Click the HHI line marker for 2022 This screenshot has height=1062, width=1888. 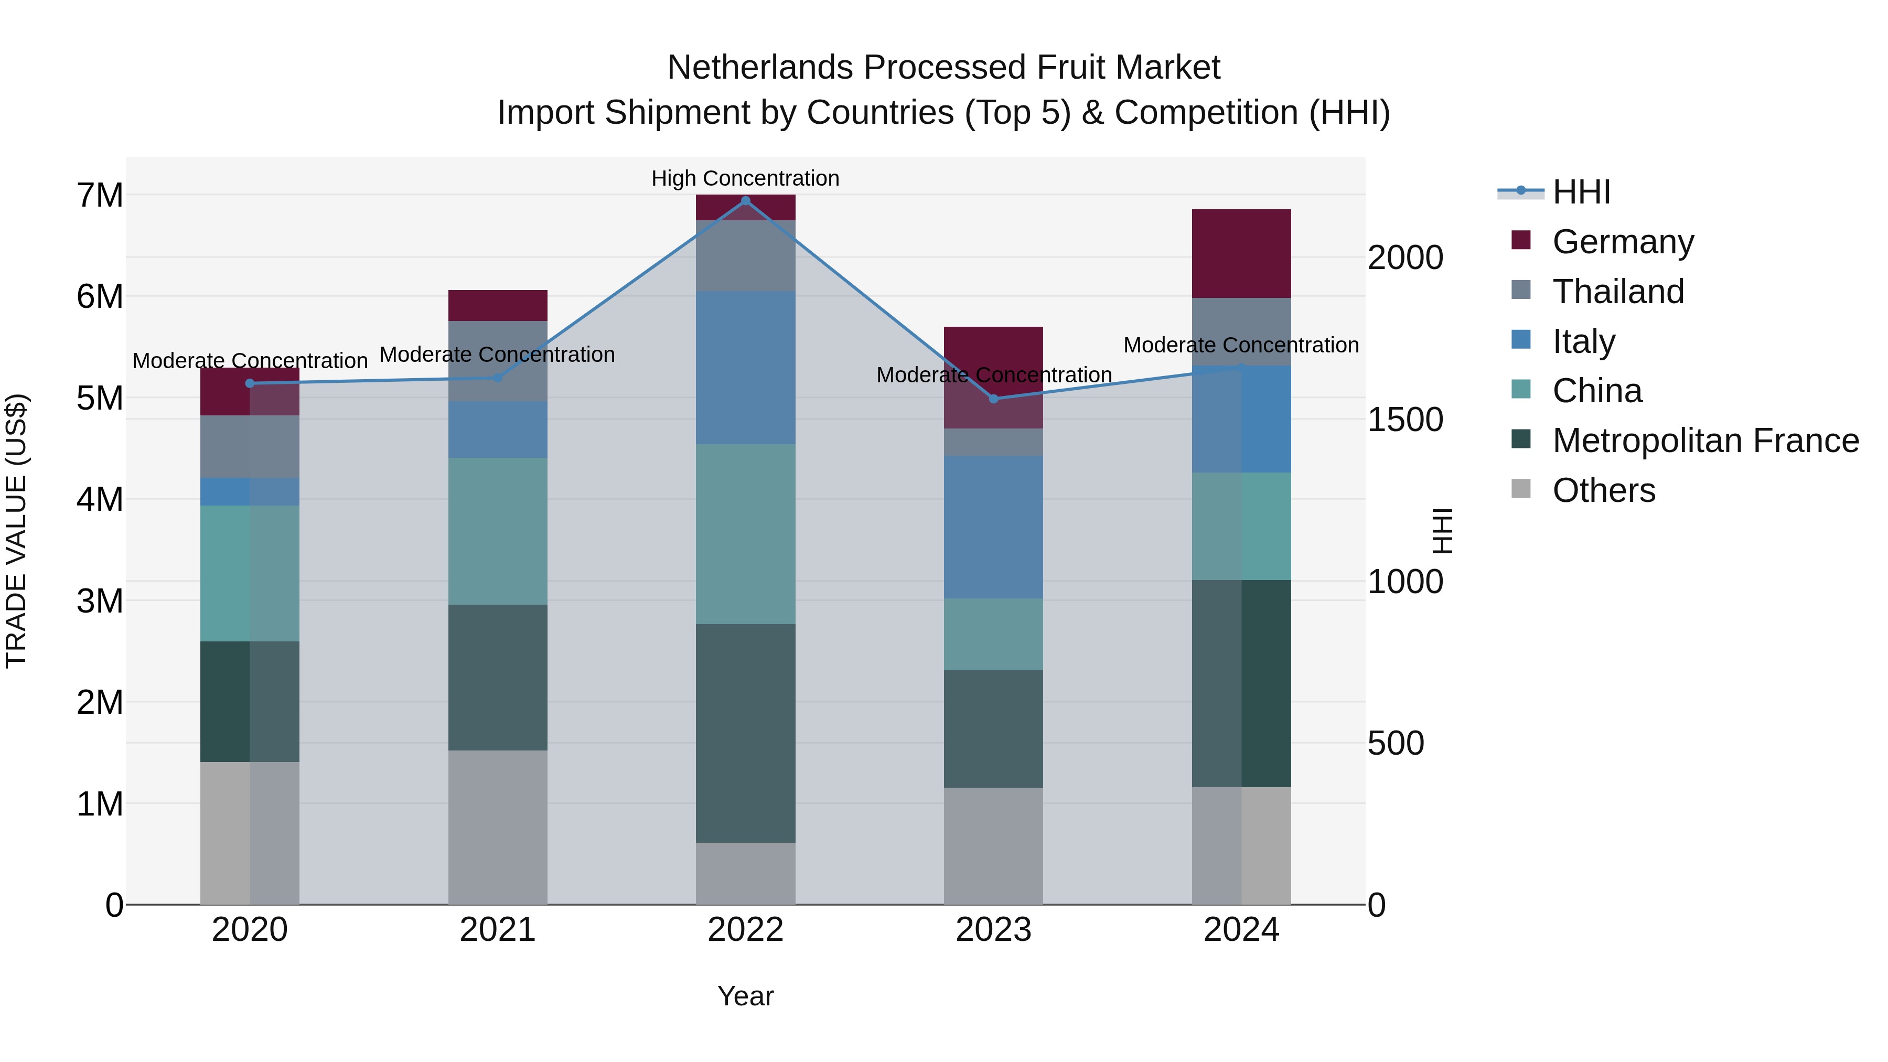point(745,200)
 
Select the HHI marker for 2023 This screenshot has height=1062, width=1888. point(993,399)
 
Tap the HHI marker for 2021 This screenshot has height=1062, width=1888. point(498,378)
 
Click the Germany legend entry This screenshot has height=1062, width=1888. point(1622,241)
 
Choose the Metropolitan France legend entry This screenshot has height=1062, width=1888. point(1705,441)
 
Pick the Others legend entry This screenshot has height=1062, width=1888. point(1603,490)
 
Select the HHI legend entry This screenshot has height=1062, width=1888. point(1580,192)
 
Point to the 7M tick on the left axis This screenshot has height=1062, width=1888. point(100,196)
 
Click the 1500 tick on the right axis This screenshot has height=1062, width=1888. point(1404,420)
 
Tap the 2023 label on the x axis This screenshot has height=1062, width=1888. point(993,930)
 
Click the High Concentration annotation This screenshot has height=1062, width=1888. point(745,178)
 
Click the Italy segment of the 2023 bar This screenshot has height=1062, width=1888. point(993,527)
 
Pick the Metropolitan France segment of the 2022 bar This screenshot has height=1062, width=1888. point(745,733)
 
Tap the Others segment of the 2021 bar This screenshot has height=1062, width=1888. point(498,827)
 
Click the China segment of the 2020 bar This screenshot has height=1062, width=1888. point(249,573)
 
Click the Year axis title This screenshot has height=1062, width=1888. point(745,996)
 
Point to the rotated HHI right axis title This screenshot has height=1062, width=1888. point(1442,531)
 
